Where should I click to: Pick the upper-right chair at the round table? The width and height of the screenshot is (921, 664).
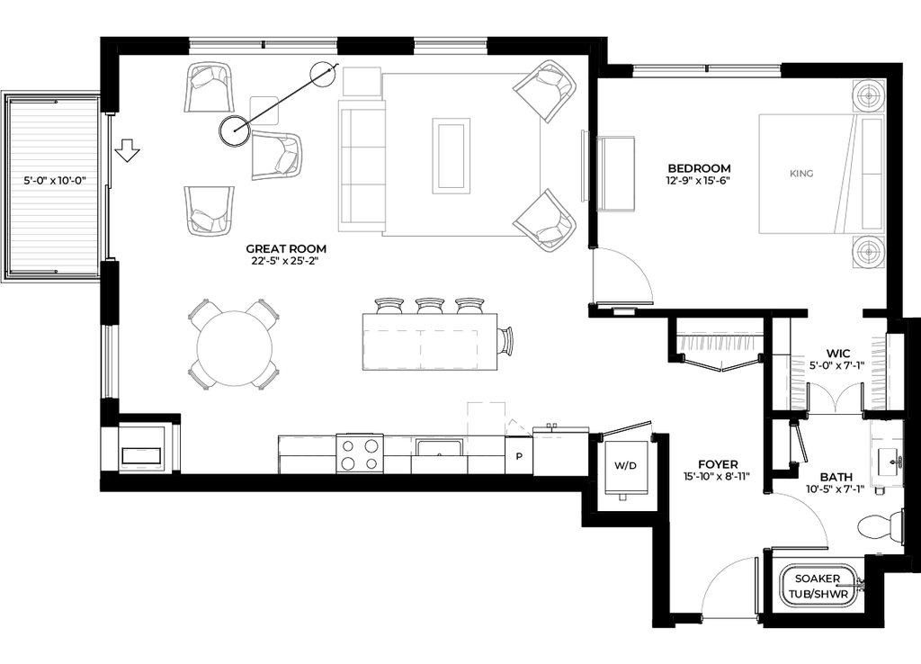click(265, 312)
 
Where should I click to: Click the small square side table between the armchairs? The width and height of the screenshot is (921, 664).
click(263, 110)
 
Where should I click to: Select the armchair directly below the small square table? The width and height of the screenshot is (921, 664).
click(277, 155)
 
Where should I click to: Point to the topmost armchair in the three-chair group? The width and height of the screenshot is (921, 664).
click(210, 86)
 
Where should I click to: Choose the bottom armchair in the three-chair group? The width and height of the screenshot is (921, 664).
click(210, 211)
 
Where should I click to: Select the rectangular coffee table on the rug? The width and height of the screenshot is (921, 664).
click(452, 156)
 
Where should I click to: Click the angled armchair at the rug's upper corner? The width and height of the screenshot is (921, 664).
click(545, 89)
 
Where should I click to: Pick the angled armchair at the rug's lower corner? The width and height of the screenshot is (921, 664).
click(545, 220)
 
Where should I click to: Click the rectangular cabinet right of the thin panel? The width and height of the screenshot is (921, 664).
click(616, 174)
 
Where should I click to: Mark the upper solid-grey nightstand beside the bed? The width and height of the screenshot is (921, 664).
click(868, 97)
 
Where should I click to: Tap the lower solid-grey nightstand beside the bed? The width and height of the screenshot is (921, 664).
click(868, 251)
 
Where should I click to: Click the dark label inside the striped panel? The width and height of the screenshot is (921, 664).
click(54, 180)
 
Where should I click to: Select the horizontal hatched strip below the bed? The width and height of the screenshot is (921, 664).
click(717, 345)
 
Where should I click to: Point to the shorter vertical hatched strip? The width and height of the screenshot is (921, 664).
click(798, 381)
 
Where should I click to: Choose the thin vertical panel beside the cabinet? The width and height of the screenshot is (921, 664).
click(585, 166)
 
